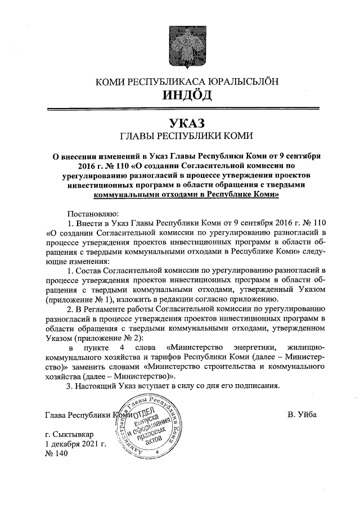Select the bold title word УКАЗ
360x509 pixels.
point(187,123)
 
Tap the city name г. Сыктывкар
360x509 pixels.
point(70,435)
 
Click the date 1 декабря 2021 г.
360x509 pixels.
point(75,444)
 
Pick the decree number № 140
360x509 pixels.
point(56,454)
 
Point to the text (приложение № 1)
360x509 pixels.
point(75,300)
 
